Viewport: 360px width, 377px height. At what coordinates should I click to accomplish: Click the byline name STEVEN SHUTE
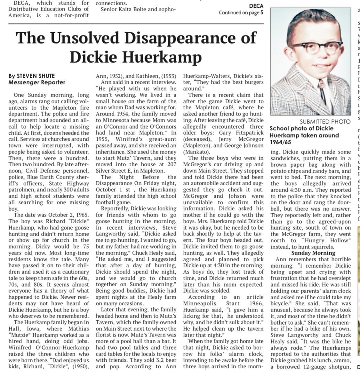click(x=36, y=76)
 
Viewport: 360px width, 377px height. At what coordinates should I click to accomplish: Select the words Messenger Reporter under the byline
click(x=37, y=82)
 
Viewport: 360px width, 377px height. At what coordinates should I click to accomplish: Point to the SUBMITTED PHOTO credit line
click(x=325, y=122)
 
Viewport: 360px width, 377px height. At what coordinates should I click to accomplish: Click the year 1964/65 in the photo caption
click(x=281, y=142)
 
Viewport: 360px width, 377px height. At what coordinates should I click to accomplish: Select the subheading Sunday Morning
click(x=310, y=253)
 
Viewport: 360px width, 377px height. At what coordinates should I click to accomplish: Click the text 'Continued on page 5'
click(x=241, y=13)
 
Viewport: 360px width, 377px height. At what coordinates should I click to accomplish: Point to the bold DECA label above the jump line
click(x=256, y=6)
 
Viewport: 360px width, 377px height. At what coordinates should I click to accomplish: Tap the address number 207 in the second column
click(x=171, y=164)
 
